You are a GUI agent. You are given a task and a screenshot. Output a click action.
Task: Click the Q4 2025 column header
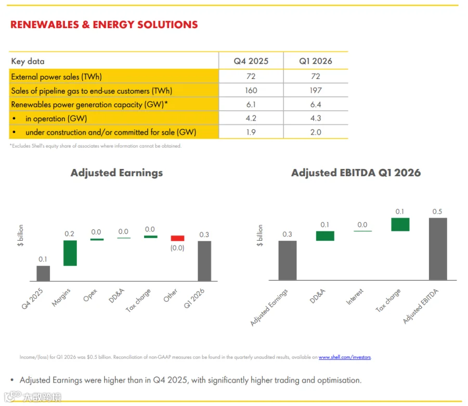point(251,61)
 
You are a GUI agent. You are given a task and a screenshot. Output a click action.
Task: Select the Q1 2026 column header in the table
point(316,61)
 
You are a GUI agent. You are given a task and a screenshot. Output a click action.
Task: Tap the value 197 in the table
point(316,90)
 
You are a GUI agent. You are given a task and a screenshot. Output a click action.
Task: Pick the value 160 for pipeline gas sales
point(251,90)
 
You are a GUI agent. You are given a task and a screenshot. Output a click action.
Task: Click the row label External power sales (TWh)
point(56,76)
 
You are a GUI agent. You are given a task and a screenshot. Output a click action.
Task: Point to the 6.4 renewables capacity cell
point(316,104)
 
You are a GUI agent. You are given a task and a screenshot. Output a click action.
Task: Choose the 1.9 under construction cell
point(251,132)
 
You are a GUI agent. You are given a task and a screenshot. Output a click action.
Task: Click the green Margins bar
point(70,253)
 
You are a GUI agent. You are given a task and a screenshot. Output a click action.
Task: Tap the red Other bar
point(178,238)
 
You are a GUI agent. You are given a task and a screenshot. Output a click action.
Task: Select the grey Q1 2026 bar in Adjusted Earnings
point(204,261)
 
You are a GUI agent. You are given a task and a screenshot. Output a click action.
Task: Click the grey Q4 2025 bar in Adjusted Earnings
point(43,273)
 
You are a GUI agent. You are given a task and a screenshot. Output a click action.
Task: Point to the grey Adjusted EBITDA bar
point(438,249)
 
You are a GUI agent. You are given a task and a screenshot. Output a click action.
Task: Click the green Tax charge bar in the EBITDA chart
point(400,225)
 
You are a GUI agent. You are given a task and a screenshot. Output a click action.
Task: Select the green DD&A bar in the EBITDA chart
point(325,236)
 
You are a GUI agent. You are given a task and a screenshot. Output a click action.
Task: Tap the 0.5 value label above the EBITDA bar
point(437,212)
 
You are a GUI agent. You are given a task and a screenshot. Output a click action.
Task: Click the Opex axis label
point(90,295)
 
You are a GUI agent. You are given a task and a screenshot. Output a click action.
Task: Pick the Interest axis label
point(355,296)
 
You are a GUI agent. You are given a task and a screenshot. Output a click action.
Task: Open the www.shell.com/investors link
point(345,357)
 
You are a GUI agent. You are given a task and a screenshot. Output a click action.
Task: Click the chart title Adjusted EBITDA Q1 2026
point(356,173)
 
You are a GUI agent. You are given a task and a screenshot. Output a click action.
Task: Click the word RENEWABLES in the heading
point(45,24)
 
